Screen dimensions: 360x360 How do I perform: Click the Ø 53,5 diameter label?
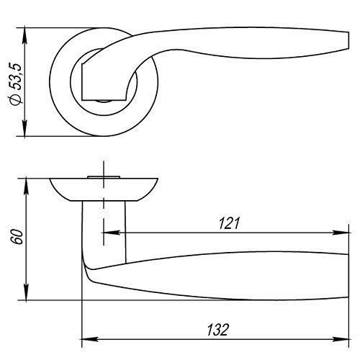coord(17,84)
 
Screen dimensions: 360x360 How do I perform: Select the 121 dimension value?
coord(229,223)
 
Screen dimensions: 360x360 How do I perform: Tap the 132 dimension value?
coord(218,330)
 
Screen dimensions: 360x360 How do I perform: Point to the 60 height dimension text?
coord(18,237)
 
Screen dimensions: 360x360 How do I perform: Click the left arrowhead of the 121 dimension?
coord(111,233)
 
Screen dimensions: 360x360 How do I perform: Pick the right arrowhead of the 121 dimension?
coord(341,233)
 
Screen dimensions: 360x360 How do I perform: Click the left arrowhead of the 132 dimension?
coord(90,339)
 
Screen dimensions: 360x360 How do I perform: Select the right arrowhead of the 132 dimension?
coord(341,339)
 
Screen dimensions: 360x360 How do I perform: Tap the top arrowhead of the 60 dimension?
coord(26,186)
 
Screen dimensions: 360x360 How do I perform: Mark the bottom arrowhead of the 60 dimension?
coord(26,292)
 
